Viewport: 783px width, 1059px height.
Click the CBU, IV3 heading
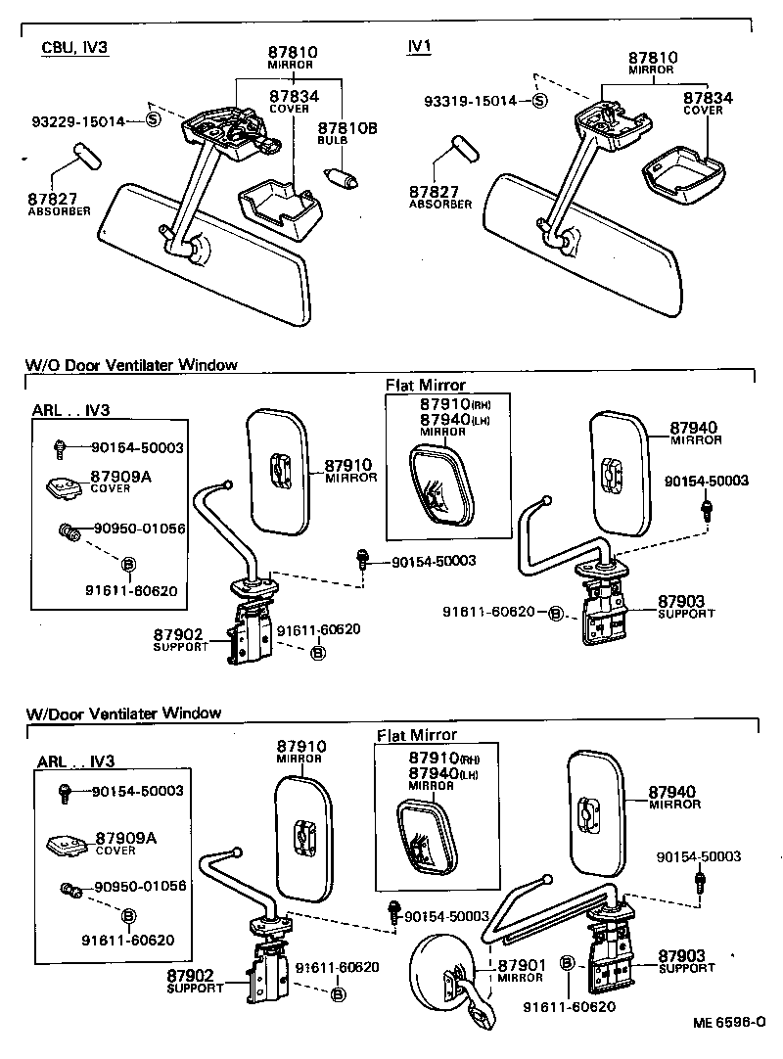pos(74,48)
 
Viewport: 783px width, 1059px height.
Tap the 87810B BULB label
pos(340,132)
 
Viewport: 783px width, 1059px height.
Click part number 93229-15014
pos(78,121)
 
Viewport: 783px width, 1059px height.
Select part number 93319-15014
pos(470,101)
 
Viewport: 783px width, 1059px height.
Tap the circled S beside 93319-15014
pos(540,101)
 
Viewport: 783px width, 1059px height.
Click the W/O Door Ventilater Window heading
pos(131,365)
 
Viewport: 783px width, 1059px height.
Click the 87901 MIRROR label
pos(521,970)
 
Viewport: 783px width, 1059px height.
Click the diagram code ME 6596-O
pos(729,1022)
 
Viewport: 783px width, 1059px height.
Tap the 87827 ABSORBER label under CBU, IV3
pos(59,203)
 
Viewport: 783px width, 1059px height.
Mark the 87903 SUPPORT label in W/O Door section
pos(686,606)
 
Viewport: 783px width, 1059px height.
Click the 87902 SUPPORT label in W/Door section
pos(190,981)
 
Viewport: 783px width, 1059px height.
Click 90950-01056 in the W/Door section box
pos(140,887)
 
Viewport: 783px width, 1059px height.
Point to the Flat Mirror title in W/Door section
pos(417,734)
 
